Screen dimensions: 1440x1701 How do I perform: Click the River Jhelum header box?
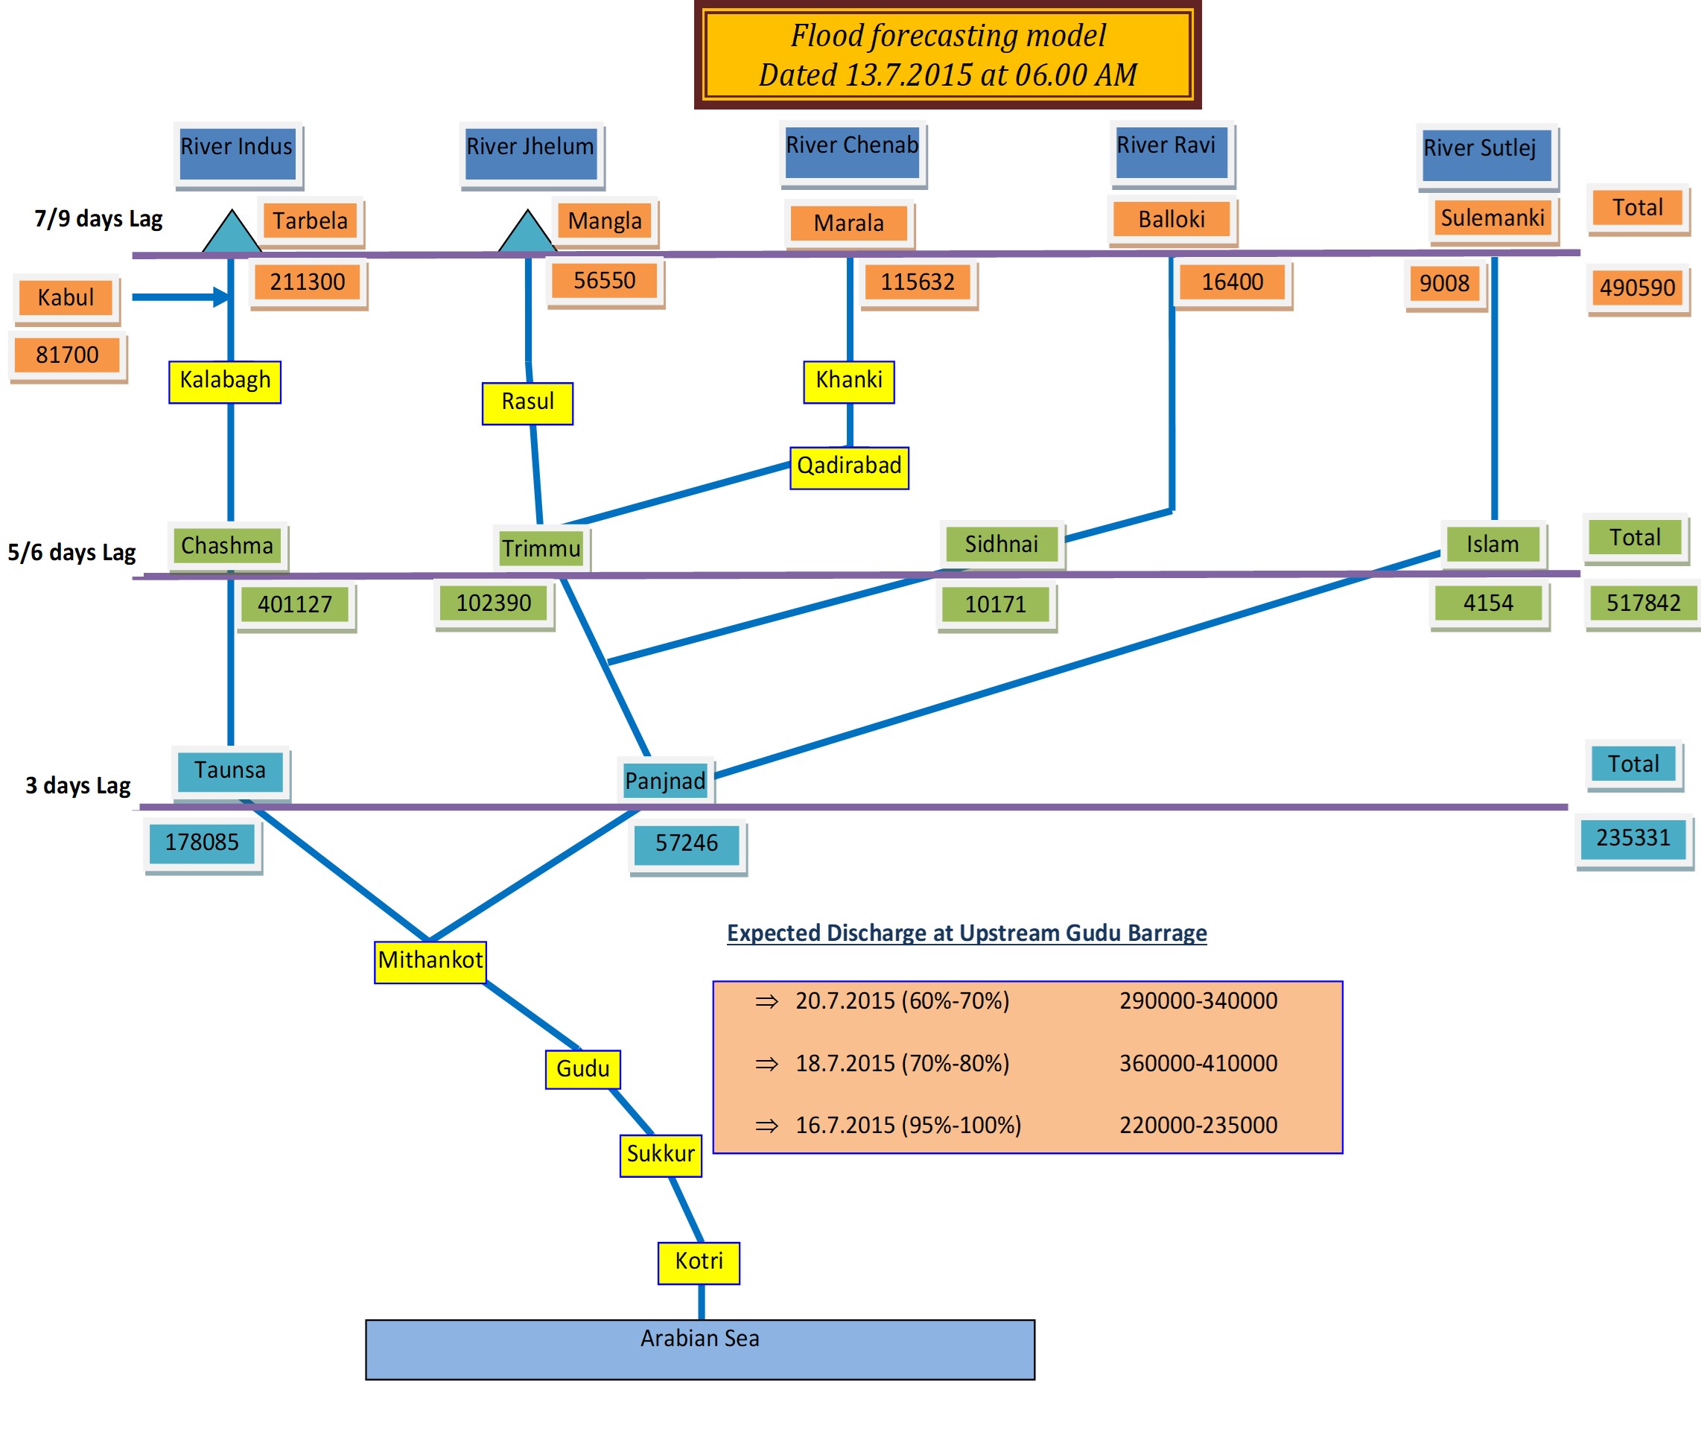(x=530, y=153)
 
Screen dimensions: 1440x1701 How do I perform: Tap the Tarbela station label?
(x=310, y=221)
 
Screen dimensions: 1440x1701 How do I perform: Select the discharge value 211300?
(x=308, y=282)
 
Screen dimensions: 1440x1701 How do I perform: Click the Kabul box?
(x=66, y=297)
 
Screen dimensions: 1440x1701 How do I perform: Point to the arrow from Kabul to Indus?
(x=179, y=297)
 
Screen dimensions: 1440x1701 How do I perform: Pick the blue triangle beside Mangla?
(x=527, y=232)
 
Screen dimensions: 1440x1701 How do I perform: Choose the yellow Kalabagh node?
(x=225, y=381)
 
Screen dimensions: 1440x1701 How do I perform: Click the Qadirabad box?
(x=849, y=467)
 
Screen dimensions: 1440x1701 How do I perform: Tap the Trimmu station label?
(x=541, y=548)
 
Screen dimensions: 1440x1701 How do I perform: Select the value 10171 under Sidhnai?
(x=995, y=604)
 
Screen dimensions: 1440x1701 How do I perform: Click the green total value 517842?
(x=1643, y=603)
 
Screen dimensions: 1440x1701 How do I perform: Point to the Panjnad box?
(x=665, y=781)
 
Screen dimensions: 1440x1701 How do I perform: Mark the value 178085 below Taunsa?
(x=203, y=842)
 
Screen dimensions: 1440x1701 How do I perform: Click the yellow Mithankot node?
(x=430, y=961)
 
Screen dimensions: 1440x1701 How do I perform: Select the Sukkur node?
(x=661, y=1154)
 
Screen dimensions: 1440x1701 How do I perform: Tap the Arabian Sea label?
(x=699, y=1339)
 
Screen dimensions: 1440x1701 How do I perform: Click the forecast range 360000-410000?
(x=1198, y=1063)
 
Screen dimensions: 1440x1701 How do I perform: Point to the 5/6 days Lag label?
(x=71, y=553)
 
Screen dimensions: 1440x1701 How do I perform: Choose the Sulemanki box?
(x=1492, y=218)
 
